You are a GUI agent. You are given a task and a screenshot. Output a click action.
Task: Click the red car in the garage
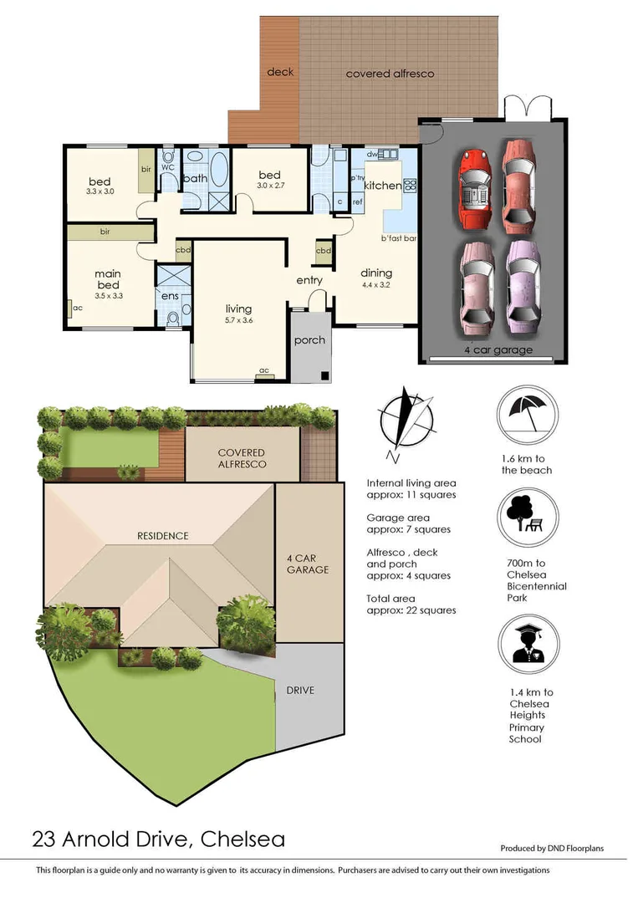tap(475, 189)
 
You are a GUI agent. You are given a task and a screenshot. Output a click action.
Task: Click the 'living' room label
tap(238, 309)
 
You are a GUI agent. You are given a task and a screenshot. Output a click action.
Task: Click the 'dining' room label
tap(376, 273)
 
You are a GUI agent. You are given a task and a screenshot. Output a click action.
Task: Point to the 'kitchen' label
tap(381, 186)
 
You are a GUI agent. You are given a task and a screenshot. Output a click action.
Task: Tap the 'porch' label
tap(309, 340)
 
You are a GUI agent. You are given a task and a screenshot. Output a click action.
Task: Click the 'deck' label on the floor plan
tap(280, 72)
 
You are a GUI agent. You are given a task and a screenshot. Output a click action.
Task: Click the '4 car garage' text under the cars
tap(498, 350)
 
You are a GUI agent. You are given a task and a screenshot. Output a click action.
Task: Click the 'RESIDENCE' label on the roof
tap(164, 536)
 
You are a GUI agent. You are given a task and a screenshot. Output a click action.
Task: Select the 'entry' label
tap(309, 280)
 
